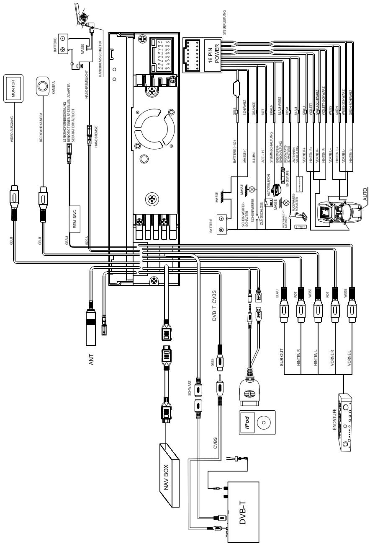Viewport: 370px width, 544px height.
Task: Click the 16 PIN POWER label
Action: tap(214, 54)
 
